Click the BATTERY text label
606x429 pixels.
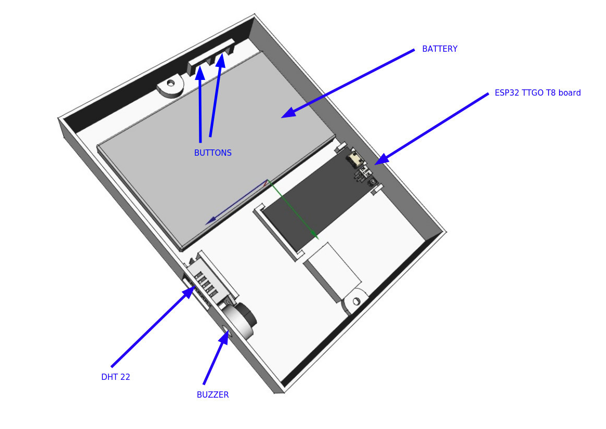[439, 49]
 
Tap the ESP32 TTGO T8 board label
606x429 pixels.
[537, 93]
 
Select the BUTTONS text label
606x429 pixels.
[212, 153]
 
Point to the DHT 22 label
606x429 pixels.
[115, 377]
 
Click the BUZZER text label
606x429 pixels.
[212, 395]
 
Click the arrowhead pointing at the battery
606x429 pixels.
[287, 114]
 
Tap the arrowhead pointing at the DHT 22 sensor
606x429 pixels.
[191, 291]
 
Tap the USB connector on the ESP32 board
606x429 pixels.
[357, 159]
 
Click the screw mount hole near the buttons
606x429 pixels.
[171, 83]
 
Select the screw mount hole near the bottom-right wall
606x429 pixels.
[357, 301]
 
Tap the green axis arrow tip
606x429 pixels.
[315, 237]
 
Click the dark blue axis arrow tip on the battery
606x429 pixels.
[209, 222]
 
